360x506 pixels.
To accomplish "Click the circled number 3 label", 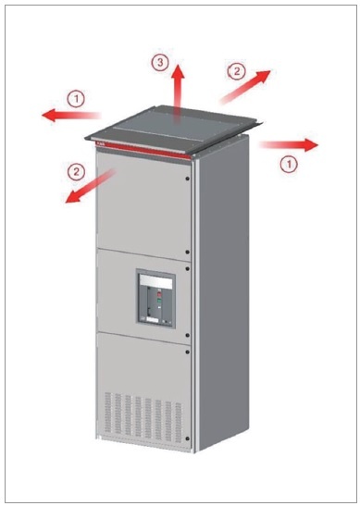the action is click(x=160, y=62).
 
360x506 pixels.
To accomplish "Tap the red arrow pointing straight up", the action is click(x=177, y=93).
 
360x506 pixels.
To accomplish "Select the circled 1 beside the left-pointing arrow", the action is click(x=76, y=99).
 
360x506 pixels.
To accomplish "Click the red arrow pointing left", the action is click(x=71, y=115).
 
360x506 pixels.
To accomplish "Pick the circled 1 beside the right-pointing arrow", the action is click(x=289, y=164).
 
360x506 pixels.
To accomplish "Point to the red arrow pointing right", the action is click(x=289, y=145).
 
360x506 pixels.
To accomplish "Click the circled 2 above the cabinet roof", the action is click(x=237, y=71).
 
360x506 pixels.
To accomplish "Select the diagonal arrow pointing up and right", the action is click(x=245, y=87).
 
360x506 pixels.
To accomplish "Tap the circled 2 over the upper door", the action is click(x=76, y=171).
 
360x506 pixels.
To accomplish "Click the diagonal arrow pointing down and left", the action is click(x=91, y=187).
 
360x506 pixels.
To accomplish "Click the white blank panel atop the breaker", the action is click(x=155, y=282).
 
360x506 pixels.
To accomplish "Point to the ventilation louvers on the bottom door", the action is click(x=143, y=417).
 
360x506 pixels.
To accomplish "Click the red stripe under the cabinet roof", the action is click(x=144, y=151).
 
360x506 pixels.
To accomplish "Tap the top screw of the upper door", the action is click(x=188, y=179).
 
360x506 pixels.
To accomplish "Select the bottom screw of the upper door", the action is click(x=188, y=252).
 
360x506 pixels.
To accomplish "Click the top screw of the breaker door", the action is click(x=188, y=268).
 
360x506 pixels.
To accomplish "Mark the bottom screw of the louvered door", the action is click(x=188, y=438).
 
